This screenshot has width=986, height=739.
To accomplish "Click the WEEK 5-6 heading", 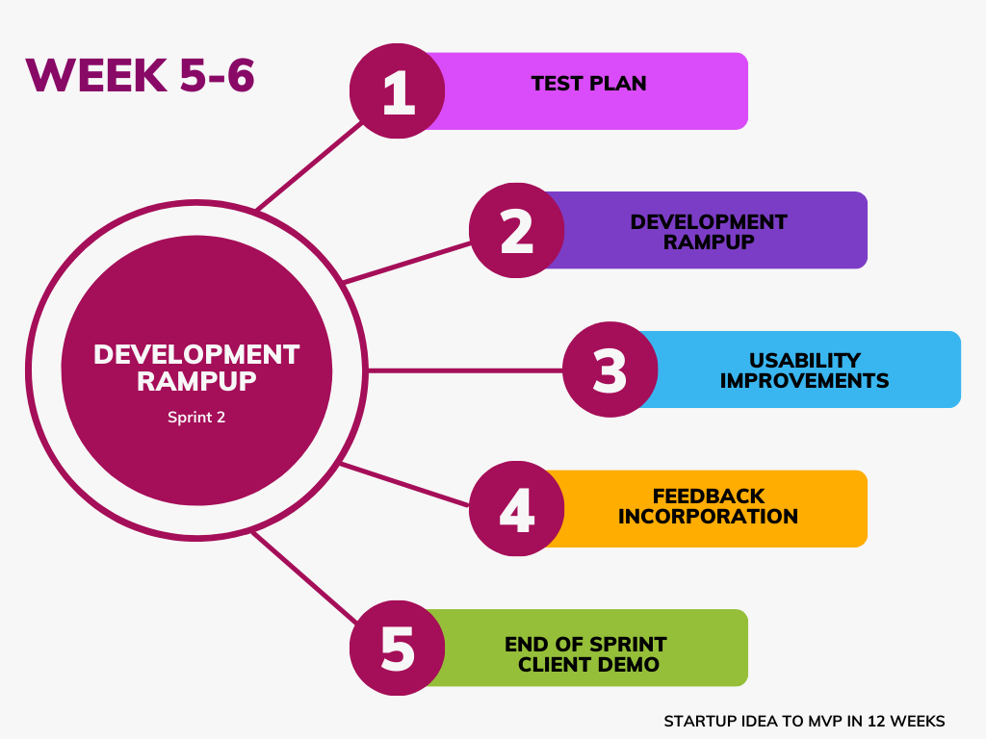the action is (x=140, y=75).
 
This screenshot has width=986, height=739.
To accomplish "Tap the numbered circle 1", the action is (x=398, y=90).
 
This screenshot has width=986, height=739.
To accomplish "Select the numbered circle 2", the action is (x=517, y=230).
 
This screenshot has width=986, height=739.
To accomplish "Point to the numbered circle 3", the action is (x=610, y=369).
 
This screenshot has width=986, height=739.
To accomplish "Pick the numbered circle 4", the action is (x=517, y=508).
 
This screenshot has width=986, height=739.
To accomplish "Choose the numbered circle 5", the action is (x=398, y=648).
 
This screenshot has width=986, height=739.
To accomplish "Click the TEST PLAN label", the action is (x=588, y=84).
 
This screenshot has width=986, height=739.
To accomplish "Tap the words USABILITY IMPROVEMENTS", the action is (x=804, y=370).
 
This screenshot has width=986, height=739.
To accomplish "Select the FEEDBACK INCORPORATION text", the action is (x=708, y=506).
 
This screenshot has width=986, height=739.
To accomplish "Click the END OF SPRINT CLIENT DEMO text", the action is (x=586, y=654).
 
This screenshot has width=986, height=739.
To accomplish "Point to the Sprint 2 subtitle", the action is (x=196, y=418).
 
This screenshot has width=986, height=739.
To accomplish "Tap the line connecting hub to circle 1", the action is (x=309, y=166).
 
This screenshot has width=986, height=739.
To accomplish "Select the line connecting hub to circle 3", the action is (x=465, y=370).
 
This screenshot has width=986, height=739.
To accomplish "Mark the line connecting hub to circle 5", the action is (x=305, y=577).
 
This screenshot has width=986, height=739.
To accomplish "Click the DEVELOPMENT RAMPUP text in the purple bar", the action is (x=709, y=232).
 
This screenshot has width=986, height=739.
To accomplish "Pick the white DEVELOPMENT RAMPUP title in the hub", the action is (x=196, y=368).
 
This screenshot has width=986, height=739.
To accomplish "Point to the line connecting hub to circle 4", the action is (x=404, y=485).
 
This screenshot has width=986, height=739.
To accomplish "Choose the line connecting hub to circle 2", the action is (x=407, y=263).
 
